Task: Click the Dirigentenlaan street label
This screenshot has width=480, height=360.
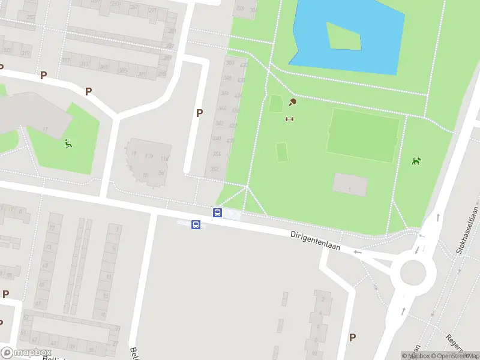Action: click(x=315, y=238)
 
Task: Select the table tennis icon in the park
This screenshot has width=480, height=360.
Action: click(x=293, y=103)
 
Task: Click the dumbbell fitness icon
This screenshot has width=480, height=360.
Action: click(x=289, y=119)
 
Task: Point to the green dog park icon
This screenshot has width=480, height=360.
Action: click(x=416, y=161)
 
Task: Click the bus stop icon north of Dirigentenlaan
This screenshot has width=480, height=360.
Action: click(x=217, y=212)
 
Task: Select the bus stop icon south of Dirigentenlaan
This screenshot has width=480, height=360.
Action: click(x=196, y=224)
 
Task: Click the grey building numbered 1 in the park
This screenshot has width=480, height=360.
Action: click(x=350, y=185)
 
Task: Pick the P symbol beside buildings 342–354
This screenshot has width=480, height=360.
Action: click(x=199, y=113)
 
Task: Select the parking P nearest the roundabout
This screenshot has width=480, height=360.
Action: click(x=352, y=338)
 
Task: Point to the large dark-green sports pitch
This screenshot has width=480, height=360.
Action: click(x=363, y=135)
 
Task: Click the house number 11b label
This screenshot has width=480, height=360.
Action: click(x=148, y=158)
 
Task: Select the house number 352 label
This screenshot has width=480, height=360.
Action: click(x=215, y=169)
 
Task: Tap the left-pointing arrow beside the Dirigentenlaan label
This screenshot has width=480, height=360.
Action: click(x=358, y=252)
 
